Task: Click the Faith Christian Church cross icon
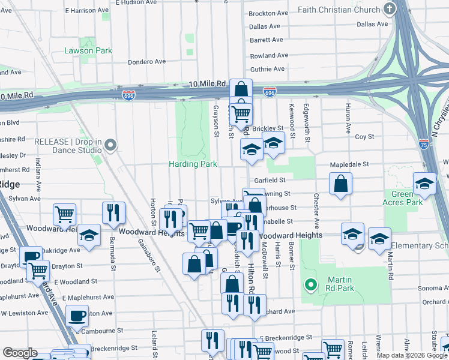[x=390, y=9]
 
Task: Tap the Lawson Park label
[x=88, y=50]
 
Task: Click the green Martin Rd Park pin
[x=310, y=284]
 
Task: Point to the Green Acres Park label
[x=403, y=199]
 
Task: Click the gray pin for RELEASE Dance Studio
[x=110, y=145]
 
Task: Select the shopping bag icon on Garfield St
[x=340, y=185]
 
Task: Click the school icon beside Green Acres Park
[x=424, y=184]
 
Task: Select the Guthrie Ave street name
[x=267, y=70]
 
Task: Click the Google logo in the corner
[x=20, y=353]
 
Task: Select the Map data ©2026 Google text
[x=411, y=355]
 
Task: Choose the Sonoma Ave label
[x=432, y=288]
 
